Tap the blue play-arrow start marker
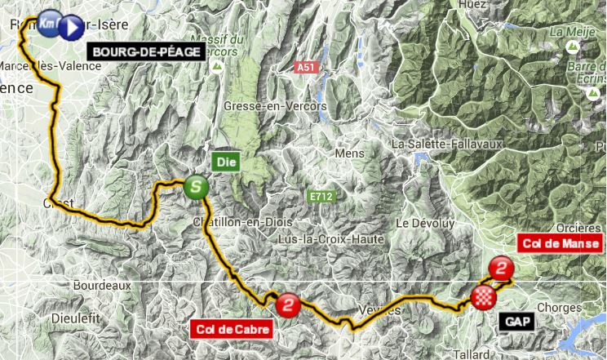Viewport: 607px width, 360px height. click(x=71, y=26)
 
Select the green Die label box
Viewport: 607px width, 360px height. click(x=225, y=161)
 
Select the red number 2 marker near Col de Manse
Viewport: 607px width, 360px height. click(x=503, y=268)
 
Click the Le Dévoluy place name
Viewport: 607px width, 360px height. click(x=423, y=222)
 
